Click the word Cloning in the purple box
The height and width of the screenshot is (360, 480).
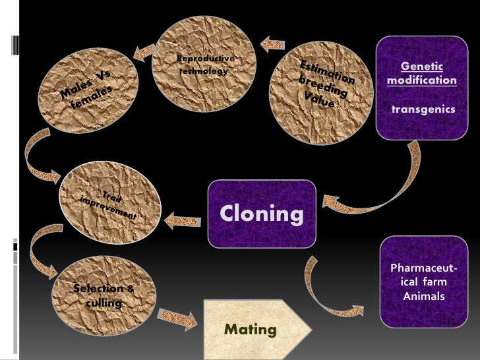(262, 214)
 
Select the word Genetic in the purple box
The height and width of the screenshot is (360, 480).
(422, 67)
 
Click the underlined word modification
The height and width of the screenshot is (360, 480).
(422, 80)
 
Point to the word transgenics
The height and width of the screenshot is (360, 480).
(423, 109)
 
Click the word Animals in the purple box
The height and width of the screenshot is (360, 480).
(424, 296)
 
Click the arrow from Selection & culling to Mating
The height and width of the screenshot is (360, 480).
(179, 318)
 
